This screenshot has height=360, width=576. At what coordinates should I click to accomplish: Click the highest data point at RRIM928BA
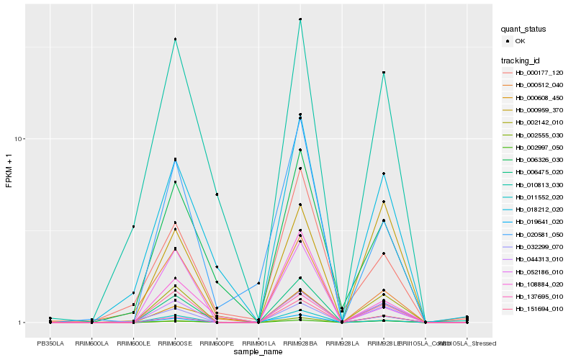pos(300,19)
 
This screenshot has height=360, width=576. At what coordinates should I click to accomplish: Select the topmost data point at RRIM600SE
pos(175,39)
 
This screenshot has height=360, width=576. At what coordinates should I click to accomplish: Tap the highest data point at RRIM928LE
pos(384,73)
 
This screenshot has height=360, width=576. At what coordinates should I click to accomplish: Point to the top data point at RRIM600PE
pos(217,194)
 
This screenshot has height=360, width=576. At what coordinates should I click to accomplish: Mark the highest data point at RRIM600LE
pos(133,227)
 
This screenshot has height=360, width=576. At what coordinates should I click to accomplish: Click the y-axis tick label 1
pos(23,323)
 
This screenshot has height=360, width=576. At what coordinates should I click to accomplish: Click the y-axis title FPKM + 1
pos(9,171)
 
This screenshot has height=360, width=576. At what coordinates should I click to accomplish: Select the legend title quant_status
pos(523,30)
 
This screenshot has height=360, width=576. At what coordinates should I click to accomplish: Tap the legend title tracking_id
pos(522,60)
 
